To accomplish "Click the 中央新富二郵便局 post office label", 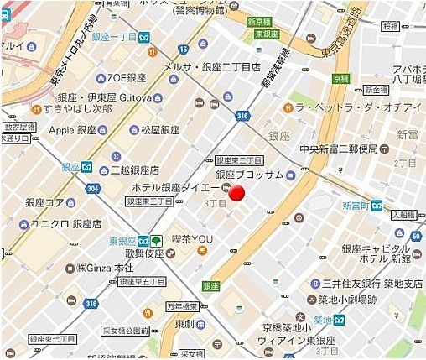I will click(345, 152).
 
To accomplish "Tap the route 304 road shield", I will click(91, 189).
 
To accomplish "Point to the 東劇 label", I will click(184, 324).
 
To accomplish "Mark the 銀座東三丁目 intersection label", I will click(240, 160).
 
